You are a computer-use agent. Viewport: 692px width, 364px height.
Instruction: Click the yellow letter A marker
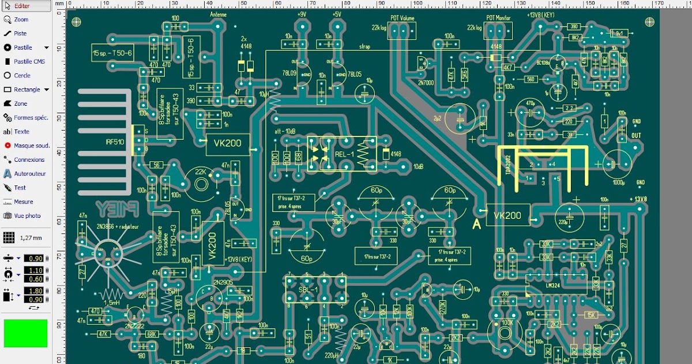click(477, 225)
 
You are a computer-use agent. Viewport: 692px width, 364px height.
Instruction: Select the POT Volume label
click(402, 18)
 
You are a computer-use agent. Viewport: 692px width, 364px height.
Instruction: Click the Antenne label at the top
click(219, 14)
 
